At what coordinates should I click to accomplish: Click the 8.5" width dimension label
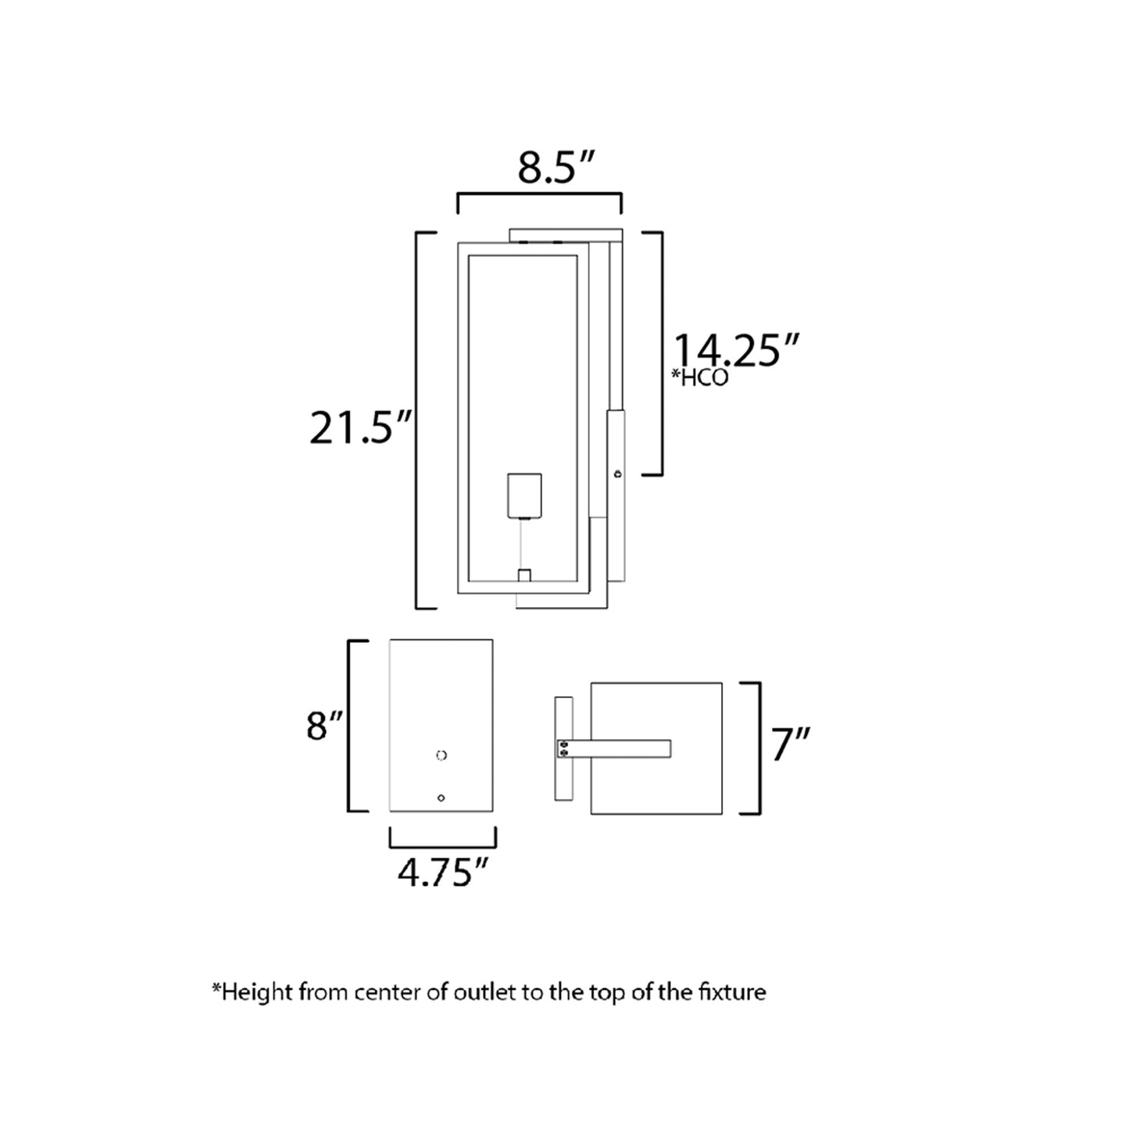(556, 167)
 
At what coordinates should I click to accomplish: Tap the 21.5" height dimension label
(360, 427)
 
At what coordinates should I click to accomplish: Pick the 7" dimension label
(791, 744)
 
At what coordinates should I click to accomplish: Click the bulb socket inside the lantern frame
(524, 495)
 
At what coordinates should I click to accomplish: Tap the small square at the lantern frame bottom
(524, 575)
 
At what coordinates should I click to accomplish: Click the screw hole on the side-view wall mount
(618, 473)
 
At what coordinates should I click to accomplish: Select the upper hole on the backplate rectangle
(441, 755)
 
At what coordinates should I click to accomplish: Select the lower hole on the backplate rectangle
(441, 798)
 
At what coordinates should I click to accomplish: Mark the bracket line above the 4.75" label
(442, 845)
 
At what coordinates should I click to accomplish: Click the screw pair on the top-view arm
(563, 748)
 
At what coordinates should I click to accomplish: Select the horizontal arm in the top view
(621, 748)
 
